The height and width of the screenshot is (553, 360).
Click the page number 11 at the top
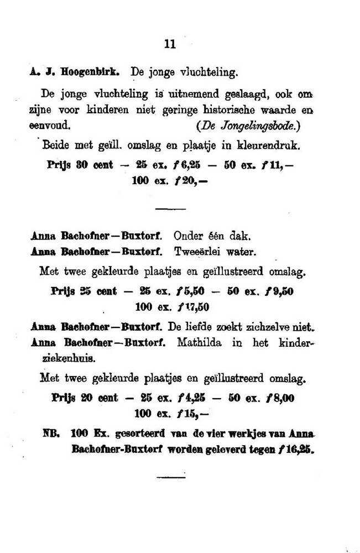pyautogui.click(x=170, y=45)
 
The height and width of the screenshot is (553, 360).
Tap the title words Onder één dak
pyautogui.click(x=205, y=237)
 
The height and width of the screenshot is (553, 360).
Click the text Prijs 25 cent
pyautogui.click(x=82, y=291)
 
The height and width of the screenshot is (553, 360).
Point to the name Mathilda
pyautogui.click(x=199, y=343)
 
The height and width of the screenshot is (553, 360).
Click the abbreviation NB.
pyautogui.click(x=53, y=435)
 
